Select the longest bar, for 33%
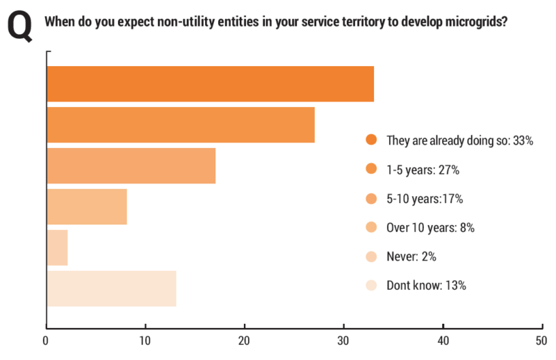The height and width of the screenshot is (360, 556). click(211, 84)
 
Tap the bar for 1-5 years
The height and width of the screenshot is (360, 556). click(181, 125)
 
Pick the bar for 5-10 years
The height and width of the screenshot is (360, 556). click(131, 165)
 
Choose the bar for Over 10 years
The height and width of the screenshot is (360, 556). click(87, 206)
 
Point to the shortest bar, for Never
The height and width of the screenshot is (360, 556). click(58, 247)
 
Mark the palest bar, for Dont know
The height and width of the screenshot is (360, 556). click(112, 288)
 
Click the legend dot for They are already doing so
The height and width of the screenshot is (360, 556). click(371, 140)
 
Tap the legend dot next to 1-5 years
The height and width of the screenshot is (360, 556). click(371, 168)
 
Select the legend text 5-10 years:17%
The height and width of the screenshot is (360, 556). click(425, 199)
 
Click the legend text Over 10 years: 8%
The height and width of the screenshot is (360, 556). click(430, 228)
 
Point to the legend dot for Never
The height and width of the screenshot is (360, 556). click(371, 256)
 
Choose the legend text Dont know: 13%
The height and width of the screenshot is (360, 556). click(426, 286)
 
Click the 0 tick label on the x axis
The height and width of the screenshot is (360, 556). click(45, 341)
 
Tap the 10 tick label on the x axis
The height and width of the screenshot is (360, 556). click(145, 341)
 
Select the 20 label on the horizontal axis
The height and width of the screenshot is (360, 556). click(244, 341)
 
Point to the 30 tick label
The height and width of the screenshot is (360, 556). click(343, 341)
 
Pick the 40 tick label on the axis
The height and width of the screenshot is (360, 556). click(443, 341)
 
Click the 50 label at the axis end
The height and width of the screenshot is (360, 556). click(541, 341)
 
